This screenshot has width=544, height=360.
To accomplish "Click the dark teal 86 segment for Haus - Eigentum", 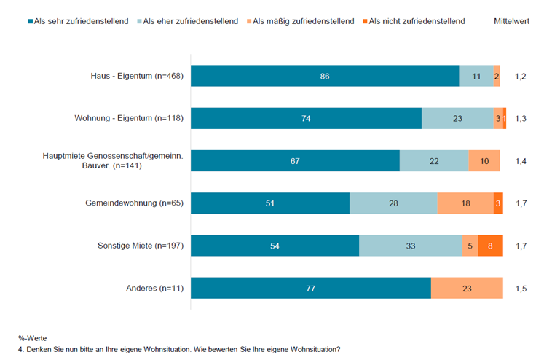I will [x=325, y=76].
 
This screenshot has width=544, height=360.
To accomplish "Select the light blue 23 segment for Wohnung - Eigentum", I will [x=457, y=118].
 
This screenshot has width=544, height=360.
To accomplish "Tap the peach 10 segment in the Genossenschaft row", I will [x=484, y=160].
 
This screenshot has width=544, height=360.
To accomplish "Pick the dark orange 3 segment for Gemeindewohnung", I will [x=498, y=203].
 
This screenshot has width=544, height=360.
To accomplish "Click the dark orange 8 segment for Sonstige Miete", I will [x=490, y=246].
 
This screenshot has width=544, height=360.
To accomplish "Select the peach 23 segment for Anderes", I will [x=467, y=288].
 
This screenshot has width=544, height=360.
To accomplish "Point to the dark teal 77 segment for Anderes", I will [x=311, y=288].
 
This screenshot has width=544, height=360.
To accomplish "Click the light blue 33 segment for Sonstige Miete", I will [x=410, y=246].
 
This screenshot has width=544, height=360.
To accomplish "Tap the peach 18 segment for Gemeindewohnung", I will [x=465, y=203].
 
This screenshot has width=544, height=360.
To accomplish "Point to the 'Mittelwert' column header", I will [x=512, y=21].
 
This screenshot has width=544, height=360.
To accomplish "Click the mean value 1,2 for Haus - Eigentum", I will [x=521, y=76].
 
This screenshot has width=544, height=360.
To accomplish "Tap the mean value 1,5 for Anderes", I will [x=521, y=288].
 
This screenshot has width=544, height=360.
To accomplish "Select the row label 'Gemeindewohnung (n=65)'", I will [x=133, y=203].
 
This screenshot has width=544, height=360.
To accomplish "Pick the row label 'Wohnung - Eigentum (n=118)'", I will [x=128, y=118].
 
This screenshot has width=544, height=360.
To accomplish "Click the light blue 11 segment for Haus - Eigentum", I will [x=476, y=76].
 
